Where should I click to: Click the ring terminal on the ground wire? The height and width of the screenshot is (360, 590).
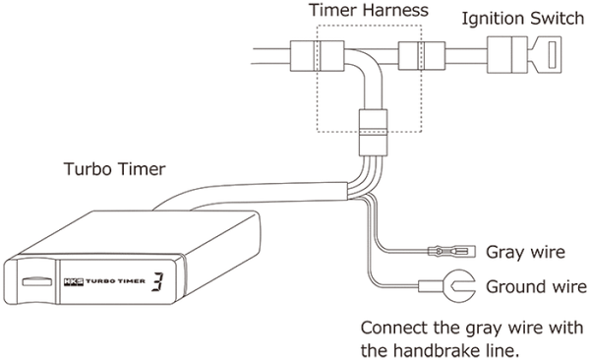click(434, 287)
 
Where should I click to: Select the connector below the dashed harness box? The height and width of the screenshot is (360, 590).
click(373, 126)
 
